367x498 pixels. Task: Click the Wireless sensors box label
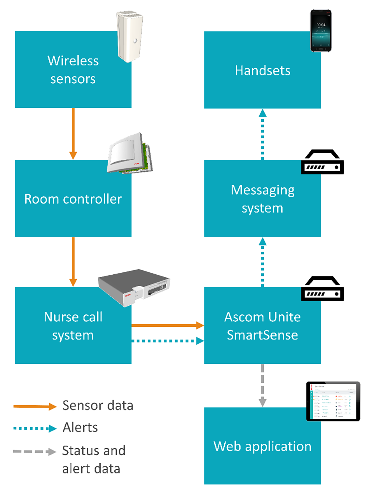pyautogui.click(x=73, y=70)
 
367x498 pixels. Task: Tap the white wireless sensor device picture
pyautogui.click(x=130, y=36)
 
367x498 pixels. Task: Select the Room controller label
pyautogui.click(x=73, y=199)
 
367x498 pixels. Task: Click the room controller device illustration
pyautogui.click(x=130, y=154)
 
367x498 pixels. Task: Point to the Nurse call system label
pyautogui.click(x=73, y=326)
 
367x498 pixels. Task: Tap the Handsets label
pyautogui.click(x=262, y=71)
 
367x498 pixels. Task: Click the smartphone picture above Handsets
pyautogui.click(x=321, y=31)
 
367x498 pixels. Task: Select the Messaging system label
pyautogui.click(x=262, y=199)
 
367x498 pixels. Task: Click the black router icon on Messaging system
pyautogui.click(x=322, y=162)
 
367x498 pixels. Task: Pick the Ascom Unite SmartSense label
pyautogui.click(x=262, y=326)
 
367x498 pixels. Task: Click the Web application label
pyautogui.click(x=262, y=446)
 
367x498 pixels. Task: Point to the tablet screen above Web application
pyautogui.click(x=333, y=401)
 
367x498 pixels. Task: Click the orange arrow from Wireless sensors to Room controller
pyautogui.click(x=73, y=133)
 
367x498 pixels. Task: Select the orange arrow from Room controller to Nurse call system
pyautogui.click(x=73, y=261)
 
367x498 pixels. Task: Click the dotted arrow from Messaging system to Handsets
pyautogui.click(x=262, y=134)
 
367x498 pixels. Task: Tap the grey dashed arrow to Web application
pyautogui.click(x=262, y=385)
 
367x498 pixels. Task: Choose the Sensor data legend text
pyautogui.click(x=98, y=405)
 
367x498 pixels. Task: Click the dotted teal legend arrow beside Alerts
pyautogui.click(x=35, y=428)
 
